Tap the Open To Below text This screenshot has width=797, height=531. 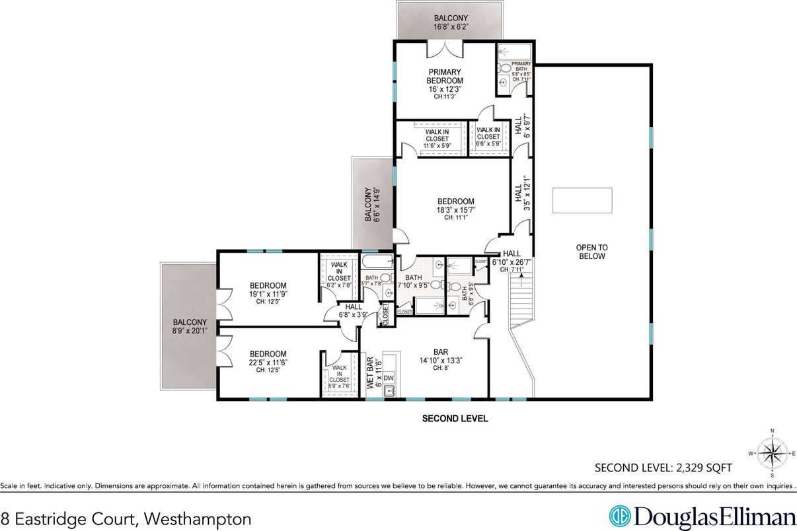(x=591, y=252)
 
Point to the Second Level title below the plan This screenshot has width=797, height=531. (x=455, y=418)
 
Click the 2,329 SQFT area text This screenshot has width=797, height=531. (x=664, y=468)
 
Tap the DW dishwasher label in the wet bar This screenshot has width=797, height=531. (x=389, y=378)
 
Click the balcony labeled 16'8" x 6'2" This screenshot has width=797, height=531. (x=451, y=22)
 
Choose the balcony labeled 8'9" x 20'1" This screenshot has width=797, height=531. (x=187, y=326)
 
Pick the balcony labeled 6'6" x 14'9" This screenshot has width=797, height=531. (x=373, y=203)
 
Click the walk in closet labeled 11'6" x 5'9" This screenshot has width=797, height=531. (x=437, y=138)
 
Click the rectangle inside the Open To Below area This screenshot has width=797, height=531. (x=582, y=201)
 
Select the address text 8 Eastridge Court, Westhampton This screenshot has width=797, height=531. (x=126, y=518)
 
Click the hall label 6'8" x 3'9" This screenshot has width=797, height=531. (x=353, y=310)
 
